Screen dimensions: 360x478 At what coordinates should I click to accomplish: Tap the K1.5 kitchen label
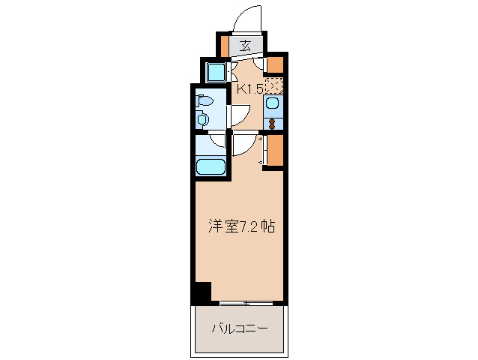click(249, 89)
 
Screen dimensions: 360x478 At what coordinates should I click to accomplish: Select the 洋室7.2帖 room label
click(240, 226)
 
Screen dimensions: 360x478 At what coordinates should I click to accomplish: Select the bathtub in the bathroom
click(211, 166)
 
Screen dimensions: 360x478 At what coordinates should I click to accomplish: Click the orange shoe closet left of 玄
click(223, 46)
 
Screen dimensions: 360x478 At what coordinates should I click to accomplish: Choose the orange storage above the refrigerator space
click(276, 64)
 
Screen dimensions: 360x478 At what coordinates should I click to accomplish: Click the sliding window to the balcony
click(247, 304)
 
